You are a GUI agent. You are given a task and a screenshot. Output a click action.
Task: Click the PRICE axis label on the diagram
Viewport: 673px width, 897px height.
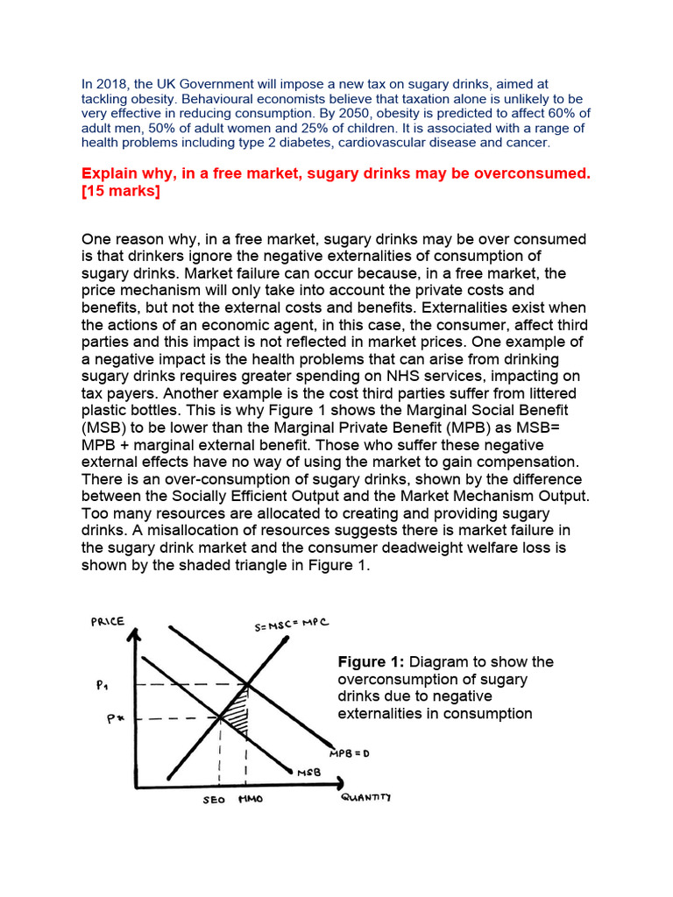click(107, 622)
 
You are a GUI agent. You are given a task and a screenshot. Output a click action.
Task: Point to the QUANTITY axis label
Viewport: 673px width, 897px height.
click(365, 797)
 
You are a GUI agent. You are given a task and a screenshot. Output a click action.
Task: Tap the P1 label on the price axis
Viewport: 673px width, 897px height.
click(103, 686)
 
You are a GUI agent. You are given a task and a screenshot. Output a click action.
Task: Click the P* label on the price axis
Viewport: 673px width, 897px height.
click(103, 719)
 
